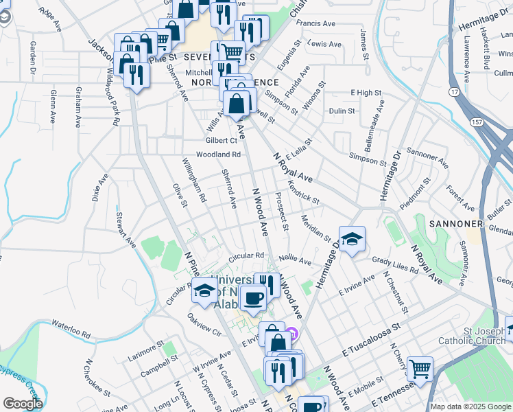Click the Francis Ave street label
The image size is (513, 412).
click(x=315, y=23)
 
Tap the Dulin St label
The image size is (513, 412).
click(x=342, y=111)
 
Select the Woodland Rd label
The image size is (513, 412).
click(x=218, y=154)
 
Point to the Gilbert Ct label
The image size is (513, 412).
click(x=221, y=141)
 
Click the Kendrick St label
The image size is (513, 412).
click(x=303, y=192)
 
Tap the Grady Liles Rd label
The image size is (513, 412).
click(x=395, y=265)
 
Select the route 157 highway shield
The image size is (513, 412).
click(x=476, y=122)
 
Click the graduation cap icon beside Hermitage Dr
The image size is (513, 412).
click(x=352, y=239)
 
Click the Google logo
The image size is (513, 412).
click(x=22, y=404)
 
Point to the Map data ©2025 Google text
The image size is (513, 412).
click(x=470, y=407)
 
